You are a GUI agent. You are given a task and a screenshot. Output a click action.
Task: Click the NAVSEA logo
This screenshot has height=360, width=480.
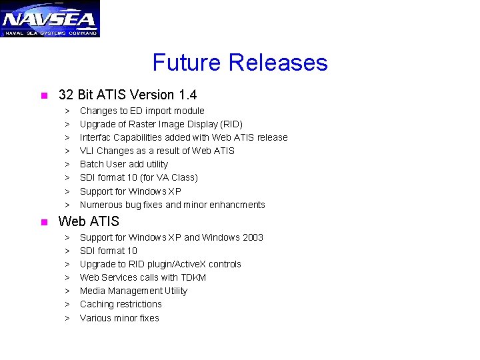tap(50, 19)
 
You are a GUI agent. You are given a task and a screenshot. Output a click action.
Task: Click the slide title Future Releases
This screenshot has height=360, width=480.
tap(240, 63)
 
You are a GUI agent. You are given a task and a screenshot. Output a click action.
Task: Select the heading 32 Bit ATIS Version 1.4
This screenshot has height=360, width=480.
tap(127, 95)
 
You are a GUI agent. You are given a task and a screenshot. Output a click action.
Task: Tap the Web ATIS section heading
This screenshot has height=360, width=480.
tap(89, 221)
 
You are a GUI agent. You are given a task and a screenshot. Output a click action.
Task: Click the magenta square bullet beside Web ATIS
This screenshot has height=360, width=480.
tap(43, 222)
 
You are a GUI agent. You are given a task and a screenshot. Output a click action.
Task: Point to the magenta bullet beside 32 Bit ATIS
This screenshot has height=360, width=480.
tap(43, 96)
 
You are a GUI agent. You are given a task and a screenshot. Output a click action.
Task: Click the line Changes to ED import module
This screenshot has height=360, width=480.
tap(142, 111)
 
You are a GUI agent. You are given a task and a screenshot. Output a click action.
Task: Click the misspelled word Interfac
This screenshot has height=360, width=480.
tap(97, 137)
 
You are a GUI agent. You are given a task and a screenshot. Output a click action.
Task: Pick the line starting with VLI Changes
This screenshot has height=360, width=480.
tap(157, 151)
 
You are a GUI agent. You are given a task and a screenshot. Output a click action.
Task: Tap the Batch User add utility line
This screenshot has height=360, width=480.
tap(124, 164)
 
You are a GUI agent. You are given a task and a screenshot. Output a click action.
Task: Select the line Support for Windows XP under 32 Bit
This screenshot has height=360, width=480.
tap(131, 191)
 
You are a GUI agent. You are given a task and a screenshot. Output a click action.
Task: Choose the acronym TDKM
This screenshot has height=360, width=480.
tap(193, 277)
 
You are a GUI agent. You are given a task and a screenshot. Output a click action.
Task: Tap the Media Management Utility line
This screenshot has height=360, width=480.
tap(133, 291)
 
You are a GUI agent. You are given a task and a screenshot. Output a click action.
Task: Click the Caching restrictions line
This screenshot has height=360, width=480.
tap(121, 304)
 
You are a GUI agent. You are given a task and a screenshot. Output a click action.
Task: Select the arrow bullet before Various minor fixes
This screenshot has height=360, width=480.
tap(67, 318)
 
